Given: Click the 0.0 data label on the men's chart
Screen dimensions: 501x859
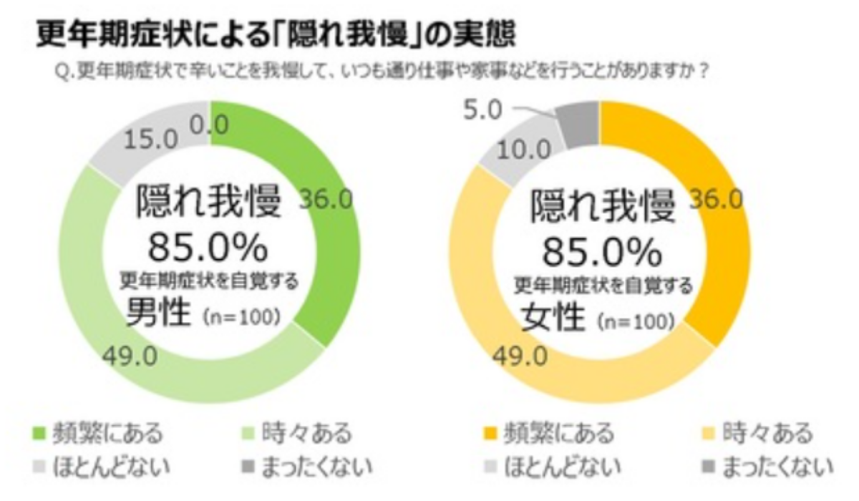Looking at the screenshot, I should (x=209, y=126).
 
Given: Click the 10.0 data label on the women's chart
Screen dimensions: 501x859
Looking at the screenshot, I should (x=524, y=151).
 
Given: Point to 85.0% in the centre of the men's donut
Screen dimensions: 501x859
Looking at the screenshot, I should (x=208, y=248).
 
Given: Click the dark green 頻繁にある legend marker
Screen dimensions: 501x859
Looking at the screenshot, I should (x=41, y=434).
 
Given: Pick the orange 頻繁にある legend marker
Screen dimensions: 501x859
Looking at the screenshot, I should (x=491, y=434).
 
